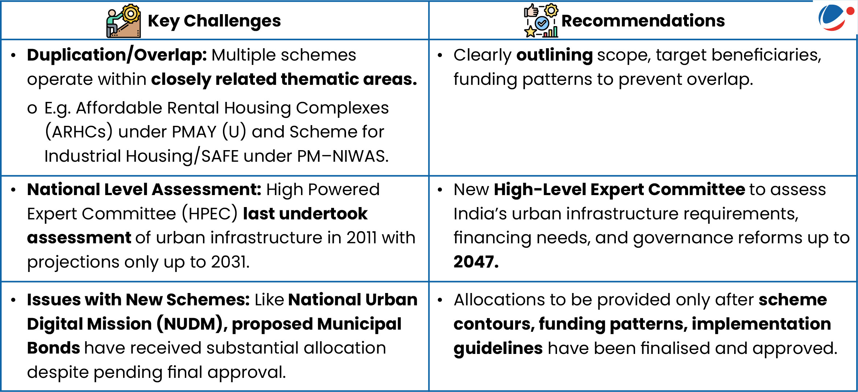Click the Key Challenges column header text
214,21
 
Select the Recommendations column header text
643,21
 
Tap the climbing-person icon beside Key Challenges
123,21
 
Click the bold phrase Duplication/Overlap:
117,55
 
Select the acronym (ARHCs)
79,132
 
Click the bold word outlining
554,55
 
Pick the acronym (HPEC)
210,214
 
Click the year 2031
231,262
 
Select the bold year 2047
476,262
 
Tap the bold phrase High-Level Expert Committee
619,190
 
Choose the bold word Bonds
53,348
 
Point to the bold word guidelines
498,348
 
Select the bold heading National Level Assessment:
144,190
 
